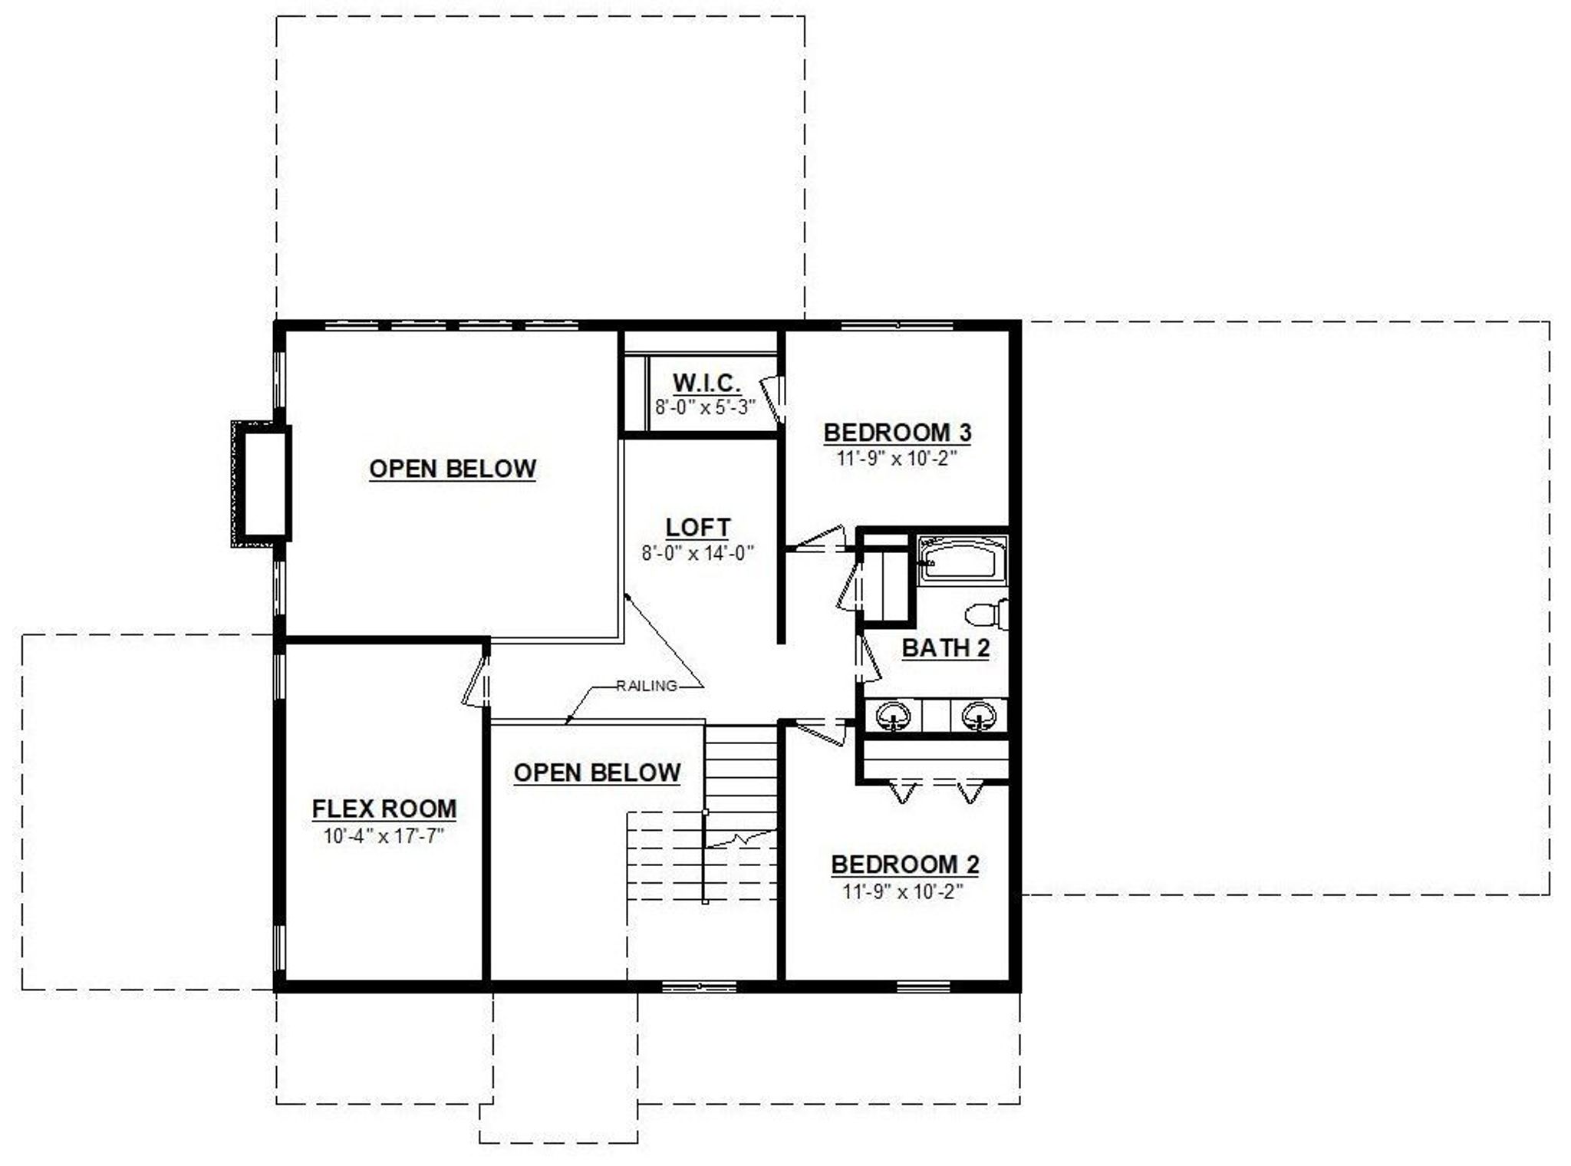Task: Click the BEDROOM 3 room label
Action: point(897,432)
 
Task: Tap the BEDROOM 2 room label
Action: point(905,865)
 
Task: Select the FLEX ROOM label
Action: point(384,809)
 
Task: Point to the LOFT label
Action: point(698,527)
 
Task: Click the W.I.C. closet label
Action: point(706,382)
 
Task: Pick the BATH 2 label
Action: point(945,648)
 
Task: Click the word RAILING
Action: point(647,686)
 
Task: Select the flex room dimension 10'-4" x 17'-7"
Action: point(384,835)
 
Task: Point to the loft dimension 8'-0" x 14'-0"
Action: point(698,552)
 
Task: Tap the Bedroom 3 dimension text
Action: point(897,459)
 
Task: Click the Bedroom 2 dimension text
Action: point(904,891)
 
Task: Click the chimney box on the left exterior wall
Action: point(261,484)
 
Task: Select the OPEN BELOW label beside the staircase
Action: point(597,772)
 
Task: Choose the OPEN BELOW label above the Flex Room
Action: point(453,469)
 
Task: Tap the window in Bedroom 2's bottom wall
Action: point(924,985)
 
